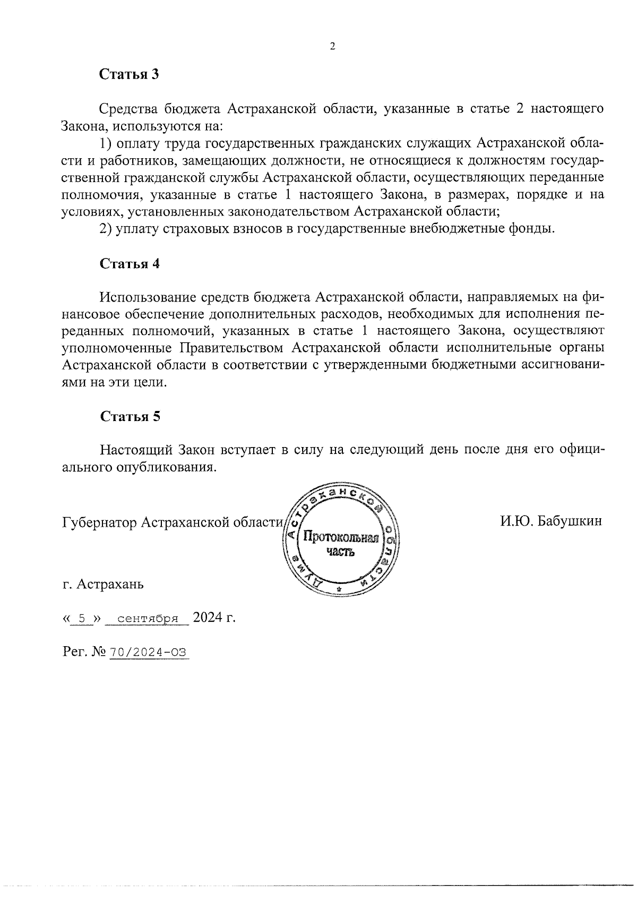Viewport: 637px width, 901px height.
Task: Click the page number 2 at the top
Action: click(333, 47)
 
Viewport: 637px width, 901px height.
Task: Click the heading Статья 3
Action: click(129, 74)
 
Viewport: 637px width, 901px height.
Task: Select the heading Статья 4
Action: click(130, 264)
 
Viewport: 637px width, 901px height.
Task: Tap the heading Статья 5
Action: click(130, 416)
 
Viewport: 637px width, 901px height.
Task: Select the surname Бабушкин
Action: click(570, 521)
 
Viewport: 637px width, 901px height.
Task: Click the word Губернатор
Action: click(99, 521)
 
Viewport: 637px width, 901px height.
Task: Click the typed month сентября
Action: click(147, 619)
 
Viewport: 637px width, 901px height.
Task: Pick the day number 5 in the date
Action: click(81, 619)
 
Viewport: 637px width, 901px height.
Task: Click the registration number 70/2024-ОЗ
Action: click(149, 653)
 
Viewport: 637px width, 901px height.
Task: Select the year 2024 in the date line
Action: click(208, 618)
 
